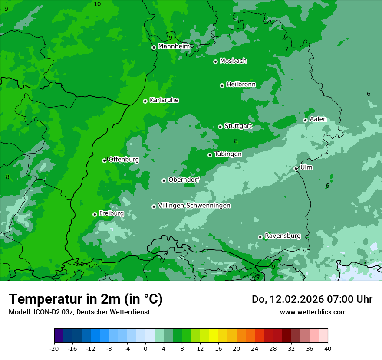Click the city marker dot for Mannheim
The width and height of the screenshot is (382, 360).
click(154, 48)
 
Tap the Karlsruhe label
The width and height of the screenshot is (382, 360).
click(164, 100)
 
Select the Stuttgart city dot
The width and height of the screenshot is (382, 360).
click(221, 127)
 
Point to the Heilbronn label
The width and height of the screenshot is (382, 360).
click(241, 84)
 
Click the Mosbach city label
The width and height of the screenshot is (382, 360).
click(233, 61)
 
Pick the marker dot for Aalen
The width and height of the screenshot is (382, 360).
click(305, 120)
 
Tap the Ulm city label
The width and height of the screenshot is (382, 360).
click(306, 167)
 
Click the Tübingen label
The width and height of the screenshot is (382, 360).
click(228, 154)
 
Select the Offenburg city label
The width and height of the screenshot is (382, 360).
click(124, 160)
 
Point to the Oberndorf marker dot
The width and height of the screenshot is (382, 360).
click(164, 180)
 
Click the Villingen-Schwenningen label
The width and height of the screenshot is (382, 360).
click(194, 206)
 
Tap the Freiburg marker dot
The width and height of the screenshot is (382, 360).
click(95, 214)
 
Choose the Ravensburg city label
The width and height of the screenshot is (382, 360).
click(283, 236)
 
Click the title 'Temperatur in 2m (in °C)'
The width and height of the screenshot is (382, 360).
click(86, 299)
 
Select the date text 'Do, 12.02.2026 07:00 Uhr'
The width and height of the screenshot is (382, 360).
click(312, 299)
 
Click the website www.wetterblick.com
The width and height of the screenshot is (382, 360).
click(313, 312)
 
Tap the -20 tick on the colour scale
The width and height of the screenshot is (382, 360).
click(54, 348)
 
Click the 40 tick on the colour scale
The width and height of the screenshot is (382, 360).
click(327, 348)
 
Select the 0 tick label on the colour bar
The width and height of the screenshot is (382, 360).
click(145, 348)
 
